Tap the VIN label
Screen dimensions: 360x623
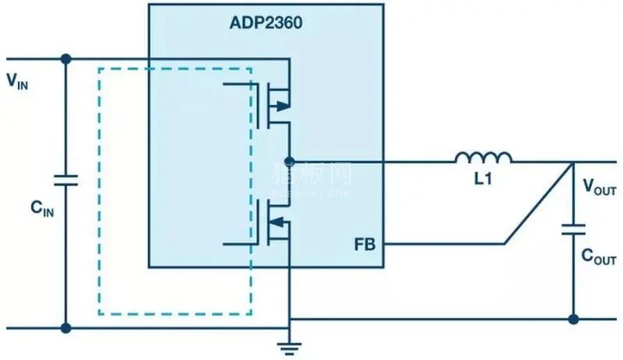click(18, 80)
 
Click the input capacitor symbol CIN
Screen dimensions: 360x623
click(65, 181)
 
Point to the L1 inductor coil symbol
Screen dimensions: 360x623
click(484, 158)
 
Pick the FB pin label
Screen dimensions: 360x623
click(364, 245)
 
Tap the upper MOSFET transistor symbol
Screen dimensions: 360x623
click(269, 105)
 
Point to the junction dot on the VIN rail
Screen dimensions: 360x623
click(65, 58)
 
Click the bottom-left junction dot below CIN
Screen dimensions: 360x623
click(65, 328)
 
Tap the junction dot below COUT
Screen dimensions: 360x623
click(574, 319)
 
